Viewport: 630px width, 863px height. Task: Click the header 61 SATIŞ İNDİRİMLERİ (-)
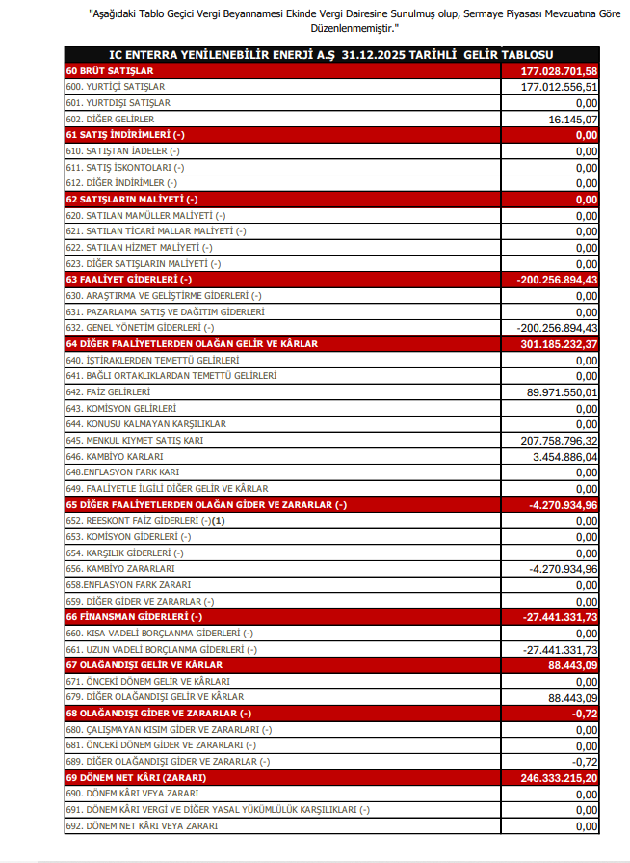(124, 135)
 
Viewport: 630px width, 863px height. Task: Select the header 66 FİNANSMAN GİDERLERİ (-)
(134, 616)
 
